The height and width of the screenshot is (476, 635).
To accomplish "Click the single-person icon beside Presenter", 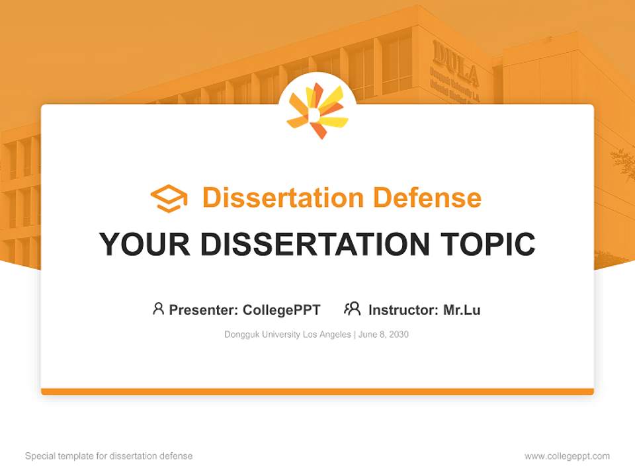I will [158, 309].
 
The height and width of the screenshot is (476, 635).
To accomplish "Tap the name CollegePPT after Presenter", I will [282, 309].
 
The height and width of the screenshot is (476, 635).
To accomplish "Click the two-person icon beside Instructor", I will [352, 309].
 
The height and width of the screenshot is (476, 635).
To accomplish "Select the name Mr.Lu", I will [462, 309].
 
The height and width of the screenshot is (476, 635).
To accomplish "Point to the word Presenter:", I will [204, 309].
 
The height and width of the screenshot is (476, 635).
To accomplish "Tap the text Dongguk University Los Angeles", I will [288, 335].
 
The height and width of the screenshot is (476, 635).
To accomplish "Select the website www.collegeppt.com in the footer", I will [567, 456].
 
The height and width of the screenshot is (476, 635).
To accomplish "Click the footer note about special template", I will [109, 456].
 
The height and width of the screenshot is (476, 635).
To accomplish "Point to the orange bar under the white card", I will [317, 391].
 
